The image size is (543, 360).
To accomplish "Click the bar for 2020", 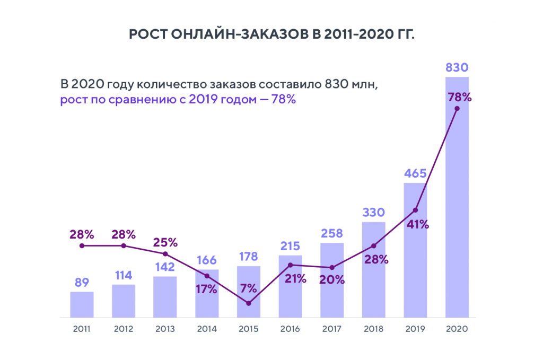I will tap(457, 212).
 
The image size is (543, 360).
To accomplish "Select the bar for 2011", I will tap(82, 304).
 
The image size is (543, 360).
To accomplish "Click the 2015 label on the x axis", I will tap(249, 329).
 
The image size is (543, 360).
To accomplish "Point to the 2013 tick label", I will tap(165, 329).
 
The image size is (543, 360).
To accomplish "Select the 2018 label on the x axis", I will tap(373, 329).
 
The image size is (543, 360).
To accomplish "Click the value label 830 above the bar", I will tap(457, 68).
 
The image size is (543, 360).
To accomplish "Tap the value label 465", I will tap(415, 173).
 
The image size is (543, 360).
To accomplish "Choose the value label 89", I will tap(82, 282).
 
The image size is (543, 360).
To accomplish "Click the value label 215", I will tap(290, 246).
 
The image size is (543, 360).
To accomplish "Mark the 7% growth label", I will tap(248, 289).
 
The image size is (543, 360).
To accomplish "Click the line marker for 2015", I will tap(249, 303).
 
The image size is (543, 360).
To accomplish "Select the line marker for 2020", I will tap(457, 109).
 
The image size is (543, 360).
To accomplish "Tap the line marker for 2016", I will tap(290, 265).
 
